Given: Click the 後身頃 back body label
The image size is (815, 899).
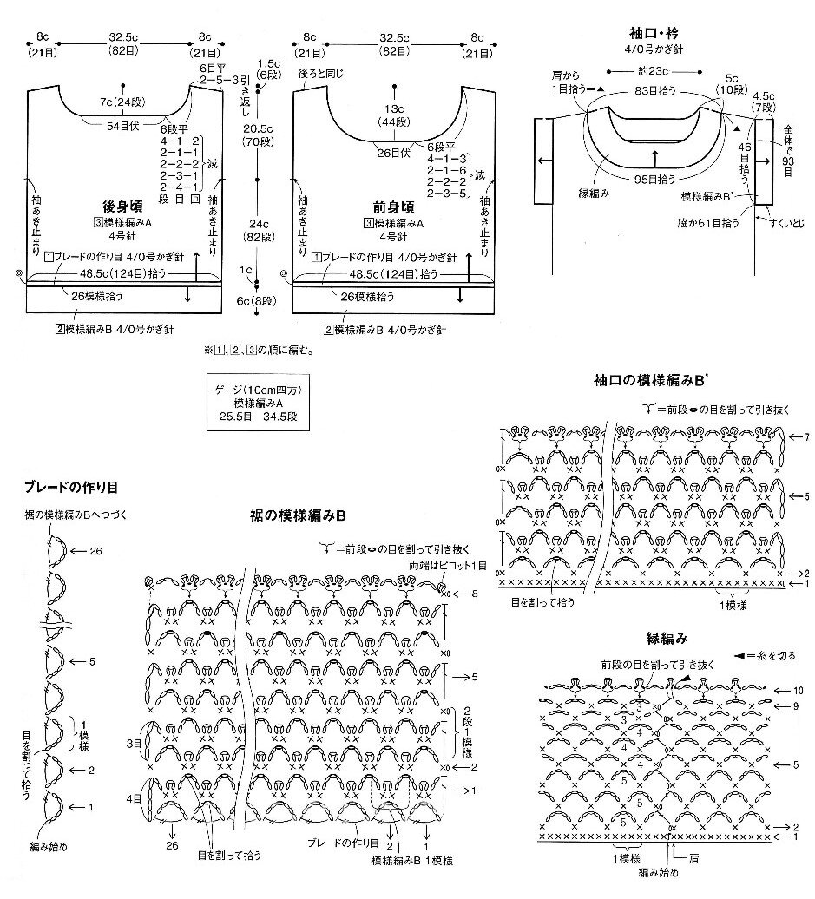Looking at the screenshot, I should (122, 207).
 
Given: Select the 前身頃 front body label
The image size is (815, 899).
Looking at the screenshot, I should (393, 207).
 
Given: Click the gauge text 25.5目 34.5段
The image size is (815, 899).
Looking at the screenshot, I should (257, 416).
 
